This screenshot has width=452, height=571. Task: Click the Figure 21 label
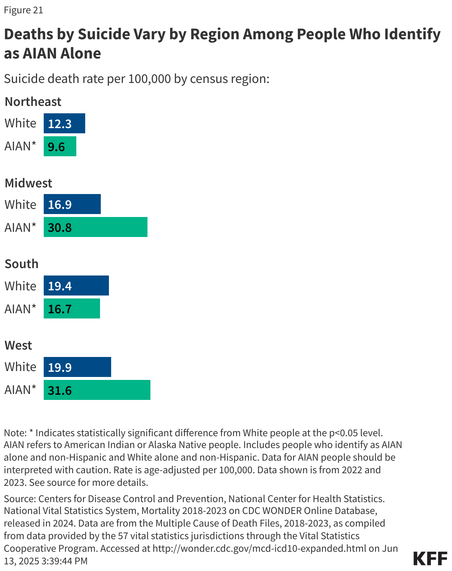pos(23,10)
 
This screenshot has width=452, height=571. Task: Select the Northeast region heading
pos(33,101)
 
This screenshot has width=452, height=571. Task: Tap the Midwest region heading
pos(29,183)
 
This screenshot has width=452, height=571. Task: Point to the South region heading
pos(21,264)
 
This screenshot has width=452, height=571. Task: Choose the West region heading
pos(19,345)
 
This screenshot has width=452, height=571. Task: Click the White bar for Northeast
pos(64,123)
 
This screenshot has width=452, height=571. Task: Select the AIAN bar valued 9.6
pos(60,146)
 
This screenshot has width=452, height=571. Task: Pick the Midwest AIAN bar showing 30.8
pos(95,227)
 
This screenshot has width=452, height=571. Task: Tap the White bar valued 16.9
pos(72,204)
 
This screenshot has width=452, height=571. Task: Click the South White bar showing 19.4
pos(76,285)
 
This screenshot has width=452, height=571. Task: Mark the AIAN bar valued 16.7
pos(72,308)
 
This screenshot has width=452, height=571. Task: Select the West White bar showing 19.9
pos(77,367)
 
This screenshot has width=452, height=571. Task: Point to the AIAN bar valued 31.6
pos(97,390)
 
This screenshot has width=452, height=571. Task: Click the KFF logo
pos(430,558)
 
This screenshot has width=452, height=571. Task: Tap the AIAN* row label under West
pos(20,390)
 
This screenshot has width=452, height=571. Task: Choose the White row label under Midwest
pos(20,204)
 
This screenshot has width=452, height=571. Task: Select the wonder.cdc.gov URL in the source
pos(259,548)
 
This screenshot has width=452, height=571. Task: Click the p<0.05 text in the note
pos(343,433)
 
